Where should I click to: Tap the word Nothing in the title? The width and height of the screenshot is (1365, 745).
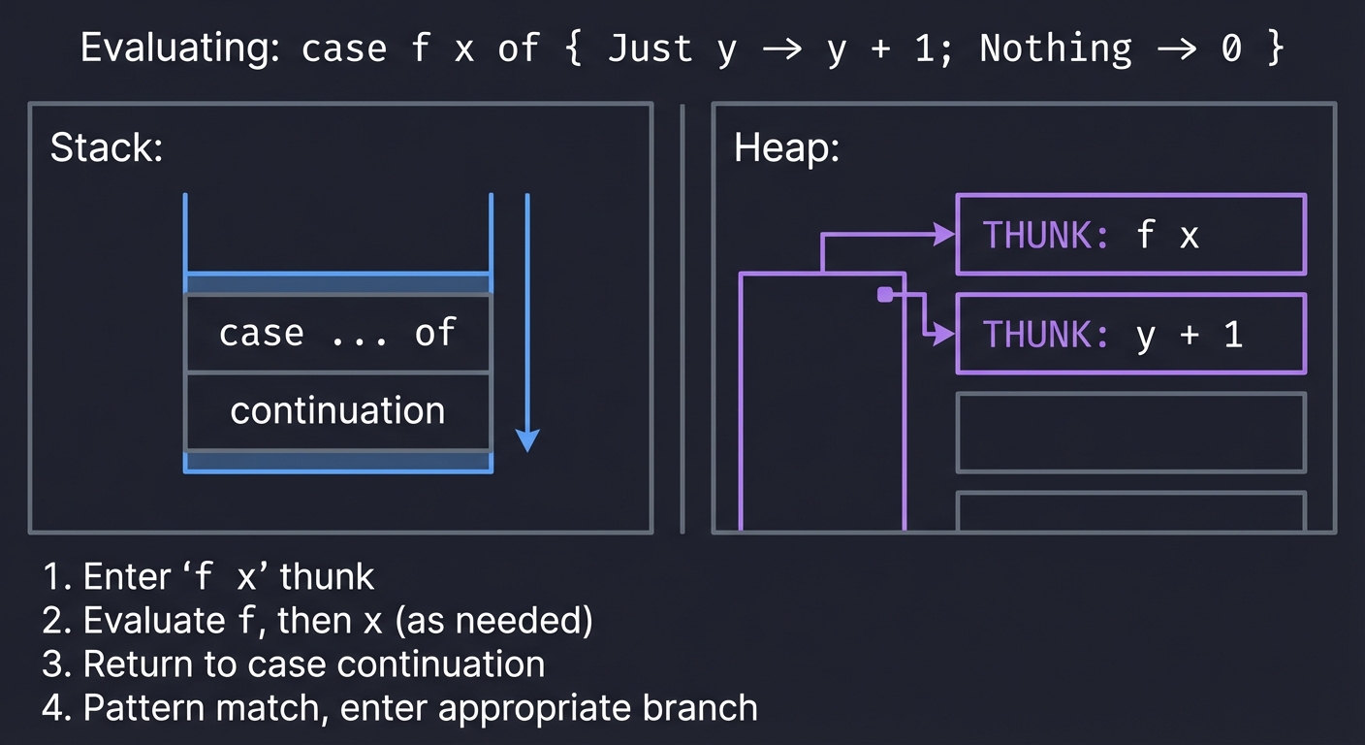pyautogui.click(x=1056, y=49)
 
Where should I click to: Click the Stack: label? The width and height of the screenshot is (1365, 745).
pyautogui.click(x=107, y=148)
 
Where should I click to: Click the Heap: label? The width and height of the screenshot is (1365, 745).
pyautogui.click(x=786, y=148)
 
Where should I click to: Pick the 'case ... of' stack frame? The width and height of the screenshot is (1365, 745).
pyautogui.click(x=337, y=333)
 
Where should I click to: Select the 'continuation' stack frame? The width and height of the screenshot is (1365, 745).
pyautogui.click(x=337, y=410)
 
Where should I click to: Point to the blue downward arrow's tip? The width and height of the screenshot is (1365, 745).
pyautogui.click(x=526, y=447)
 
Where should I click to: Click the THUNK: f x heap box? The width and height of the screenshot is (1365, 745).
pyautogui.click(x=1130, y=235)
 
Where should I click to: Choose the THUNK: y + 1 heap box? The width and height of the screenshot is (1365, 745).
pyautogui.click(x=1130, y=335)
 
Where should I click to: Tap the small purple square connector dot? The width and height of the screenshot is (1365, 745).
pyautogui.click(x=884, y=295)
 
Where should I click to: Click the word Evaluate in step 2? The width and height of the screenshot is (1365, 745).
pyautogui.click(x=144, y=620)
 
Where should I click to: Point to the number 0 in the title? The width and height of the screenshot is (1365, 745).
pyautogui.click(x=1229, y=49)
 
